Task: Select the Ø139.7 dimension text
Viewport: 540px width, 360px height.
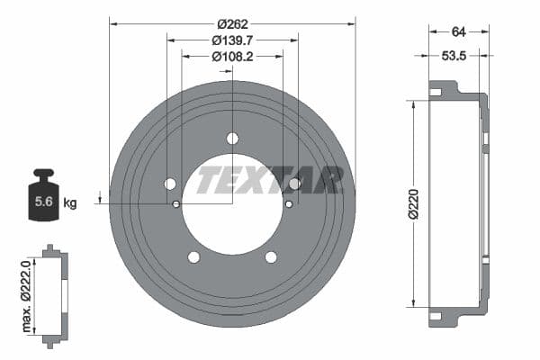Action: point(232,40)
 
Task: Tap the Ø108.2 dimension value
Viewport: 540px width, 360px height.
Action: point(232,56)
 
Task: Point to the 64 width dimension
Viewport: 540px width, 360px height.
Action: point(458,31)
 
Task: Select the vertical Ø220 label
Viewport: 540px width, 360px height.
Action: point(413,203)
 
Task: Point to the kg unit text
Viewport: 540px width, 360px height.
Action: point(70,203)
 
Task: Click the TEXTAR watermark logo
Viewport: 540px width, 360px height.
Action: point(270,180)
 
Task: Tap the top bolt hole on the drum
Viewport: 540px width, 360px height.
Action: point(232,138)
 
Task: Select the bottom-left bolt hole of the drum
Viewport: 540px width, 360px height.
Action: point(193,257)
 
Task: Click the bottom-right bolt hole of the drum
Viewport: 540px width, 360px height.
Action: point(271,257)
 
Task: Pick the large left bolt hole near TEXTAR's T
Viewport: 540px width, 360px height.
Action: point(170,184)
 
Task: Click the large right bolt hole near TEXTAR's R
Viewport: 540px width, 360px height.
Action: point(294,184)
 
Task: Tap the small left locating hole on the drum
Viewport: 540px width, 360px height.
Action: point(176,203)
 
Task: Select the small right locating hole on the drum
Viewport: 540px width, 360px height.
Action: point(288,203)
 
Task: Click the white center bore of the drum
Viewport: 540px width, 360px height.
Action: point(232,216)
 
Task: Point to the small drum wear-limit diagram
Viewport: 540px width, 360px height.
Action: point(54,294)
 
